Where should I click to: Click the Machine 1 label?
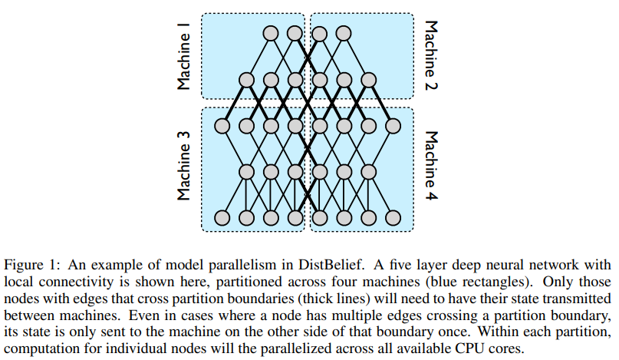[x=183, y=56]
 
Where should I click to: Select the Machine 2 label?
[x=432, y=56]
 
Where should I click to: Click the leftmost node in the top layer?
[x=270, y=33]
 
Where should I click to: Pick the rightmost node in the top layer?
[x=344, y=33]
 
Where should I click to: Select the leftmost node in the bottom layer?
[x=222, y=217]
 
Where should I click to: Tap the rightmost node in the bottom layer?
[x=393, y=217]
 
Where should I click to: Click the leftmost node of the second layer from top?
[x=246, y=79]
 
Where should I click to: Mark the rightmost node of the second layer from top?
[x=369, y=79]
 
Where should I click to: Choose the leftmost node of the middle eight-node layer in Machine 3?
[x=222, y=125]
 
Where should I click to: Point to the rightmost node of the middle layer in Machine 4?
[x=369, y=171]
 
